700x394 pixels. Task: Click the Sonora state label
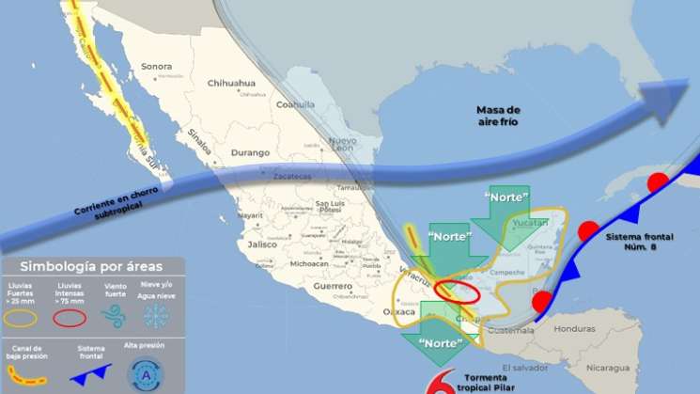(156, 67)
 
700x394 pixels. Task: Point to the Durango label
(224, 151)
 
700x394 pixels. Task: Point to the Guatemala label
(504, 330)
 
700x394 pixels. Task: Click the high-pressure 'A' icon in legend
(146, 374)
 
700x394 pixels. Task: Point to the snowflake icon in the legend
(155, 315)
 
